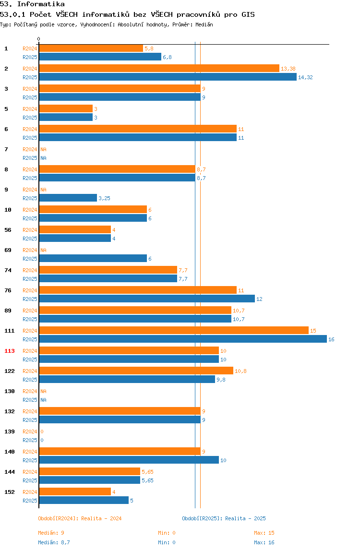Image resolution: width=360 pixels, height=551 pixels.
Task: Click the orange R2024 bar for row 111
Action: tap(174, 330)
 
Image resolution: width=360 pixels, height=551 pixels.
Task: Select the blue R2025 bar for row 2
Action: tap(168, 77)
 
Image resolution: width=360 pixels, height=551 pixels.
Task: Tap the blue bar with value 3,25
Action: tap(68, 198)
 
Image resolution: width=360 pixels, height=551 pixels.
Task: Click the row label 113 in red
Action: tap(10, 351)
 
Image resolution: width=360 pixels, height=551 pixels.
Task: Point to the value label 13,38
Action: tap(288, 69)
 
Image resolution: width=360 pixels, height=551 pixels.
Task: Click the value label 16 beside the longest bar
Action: tap(331, 339)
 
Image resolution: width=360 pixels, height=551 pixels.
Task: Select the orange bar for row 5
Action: tap(66, 108)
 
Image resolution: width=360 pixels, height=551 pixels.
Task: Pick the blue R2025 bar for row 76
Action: tap(147, 299)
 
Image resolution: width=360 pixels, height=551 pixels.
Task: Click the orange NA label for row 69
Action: tap(43, 250)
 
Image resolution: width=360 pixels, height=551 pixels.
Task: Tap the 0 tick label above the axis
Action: tap(39, 39)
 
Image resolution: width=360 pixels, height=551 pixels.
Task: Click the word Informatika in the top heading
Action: tap(41, 4)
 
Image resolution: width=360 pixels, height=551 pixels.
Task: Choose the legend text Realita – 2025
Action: tap(245, 518)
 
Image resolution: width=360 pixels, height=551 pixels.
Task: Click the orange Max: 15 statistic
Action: tap(264, 533)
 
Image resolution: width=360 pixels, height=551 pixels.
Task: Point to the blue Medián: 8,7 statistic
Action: tap(54, 542)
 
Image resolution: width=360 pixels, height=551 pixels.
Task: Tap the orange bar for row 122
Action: tap(136, 371)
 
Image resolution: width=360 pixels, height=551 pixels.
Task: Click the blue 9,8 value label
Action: tap(221, 380)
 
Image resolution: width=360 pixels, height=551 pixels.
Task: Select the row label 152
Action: tap(10, 492)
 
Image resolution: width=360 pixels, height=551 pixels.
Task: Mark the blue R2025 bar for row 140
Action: tap(129, 460)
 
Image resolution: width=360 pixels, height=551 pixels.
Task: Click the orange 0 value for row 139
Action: tap(42, 431)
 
